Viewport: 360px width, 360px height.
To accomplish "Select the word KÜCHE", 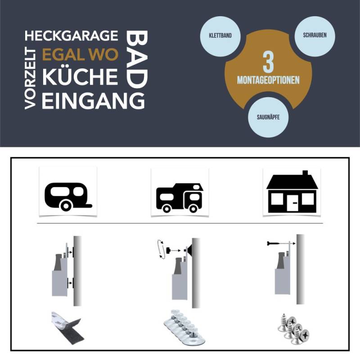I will (x=80, y=77).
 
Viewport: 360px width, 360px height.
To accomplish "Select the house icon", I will (x=292, y=192).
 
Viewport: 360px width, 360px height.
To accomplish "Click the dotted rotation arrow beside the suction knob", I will (x=158, y=249).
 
